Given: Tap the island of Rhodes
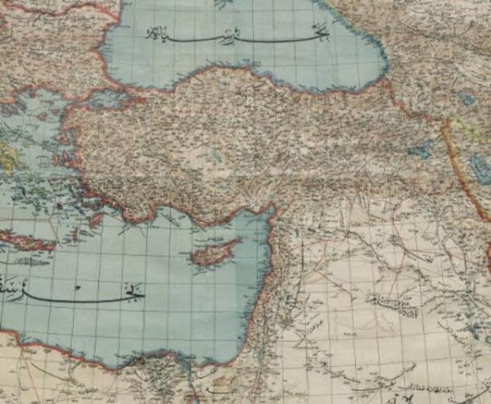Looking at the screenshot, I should tap(96, 220).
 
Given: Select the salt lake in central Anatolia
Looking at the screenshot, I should tap(214, 154).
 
